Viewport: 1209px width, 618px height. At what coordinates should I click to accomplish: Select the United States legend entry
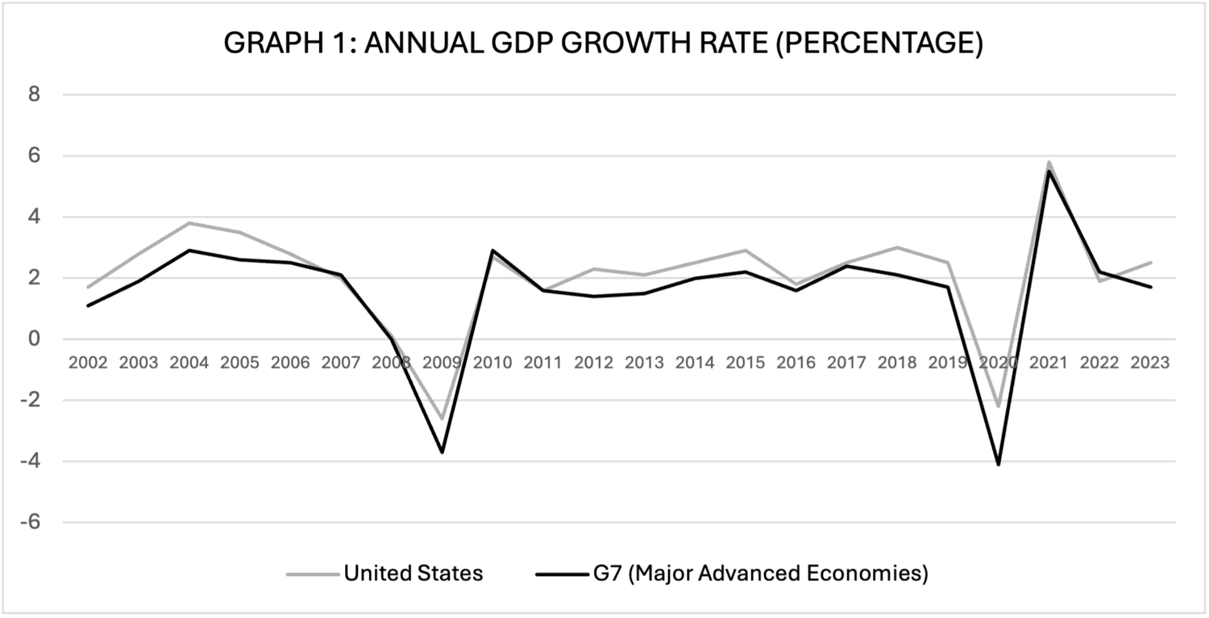(x=413, y=574)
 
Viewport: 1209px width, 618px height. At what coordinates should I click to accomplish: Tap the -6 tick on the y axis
(x=30, y=522)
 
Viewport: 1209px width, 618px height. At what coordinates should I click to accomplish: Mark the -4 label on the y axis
(x=30, y=461)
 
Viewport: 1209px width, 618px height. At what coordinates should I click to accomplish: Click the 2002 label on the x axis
(x=89, y=363)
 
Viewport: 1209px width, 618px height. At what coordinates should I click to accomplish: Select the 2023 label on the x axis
(x=1150, y=363)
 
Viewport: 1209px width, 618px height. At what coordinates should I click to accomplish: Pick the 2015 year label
(x=746, y=363)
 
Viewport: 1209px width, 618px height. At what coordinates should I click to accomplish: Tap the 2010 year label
(x=492, y=363)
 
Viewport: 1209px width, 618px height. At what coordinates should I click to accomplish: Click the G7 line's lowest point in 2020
(x=999, y=464)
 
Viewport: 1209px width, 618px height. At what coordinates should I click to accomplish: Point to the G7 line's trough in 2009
(x=442, y=452)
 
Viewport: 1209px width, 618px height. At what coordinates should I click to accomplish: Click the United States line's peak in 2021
(x=1049, y=162)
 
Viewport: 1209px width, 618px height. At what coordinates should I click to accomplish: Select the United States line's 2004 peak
(x=189, y=223)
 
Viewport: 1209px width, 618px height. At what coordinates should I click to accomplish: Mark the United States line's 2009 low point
(x=442, y=419)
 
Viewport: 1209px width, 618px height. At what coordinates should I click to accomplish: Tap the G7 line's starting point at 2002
(x=89, y=305)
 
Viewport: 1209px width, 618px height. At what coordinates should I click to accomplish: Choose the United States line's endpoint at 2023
(x=1150, y=263)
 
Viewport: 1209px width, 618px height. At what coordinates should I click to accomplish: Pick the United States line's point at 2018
(x=897, y=247)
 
